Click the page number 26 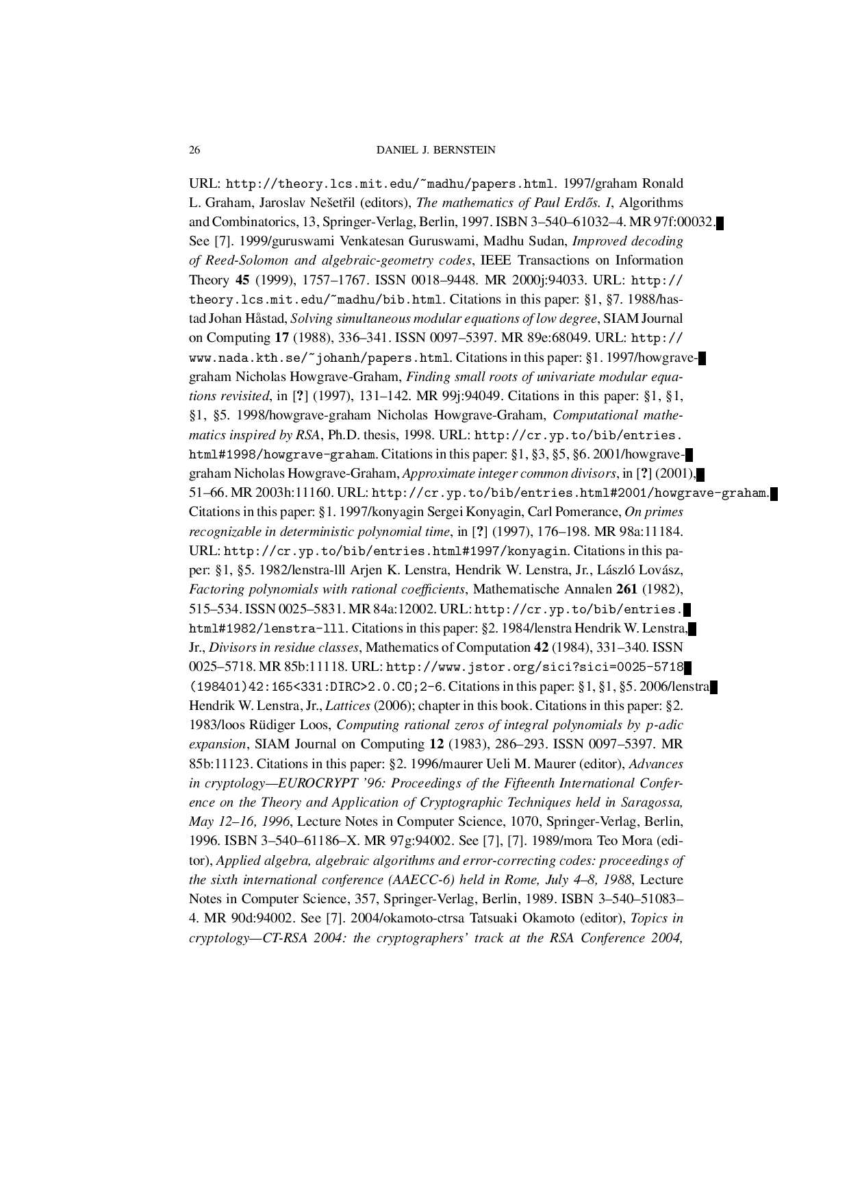194,150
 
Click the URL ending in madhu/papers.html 389,184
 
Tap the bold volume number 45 242,280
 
